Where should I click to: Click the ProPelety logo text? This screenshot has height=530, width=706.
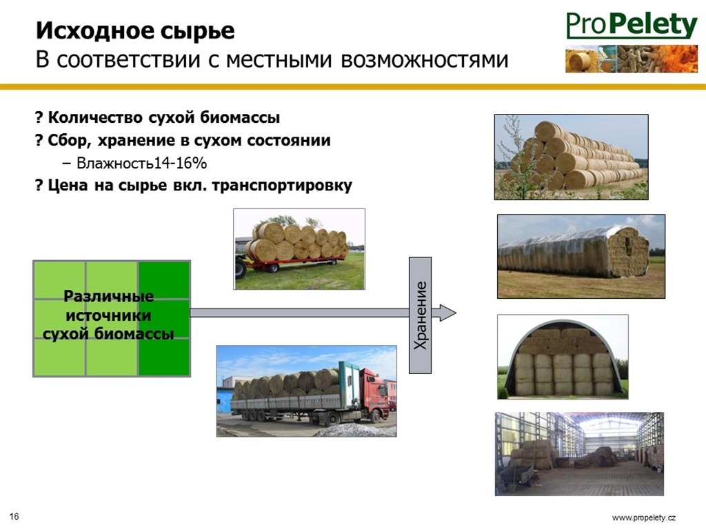pos(632,26)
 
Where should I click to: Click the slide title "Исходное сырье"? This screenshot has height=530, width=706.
pos(135,30)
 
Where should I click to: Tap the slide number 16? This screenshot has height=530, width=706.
pos(14,516)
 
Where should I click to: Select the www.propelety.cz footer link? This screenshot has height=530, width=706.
pos(644,518)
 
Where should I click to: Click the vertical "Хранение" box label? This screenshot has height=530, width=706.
pos(420,315)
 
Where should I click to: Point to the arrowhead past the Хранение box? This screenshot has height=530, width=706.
pos(447,313)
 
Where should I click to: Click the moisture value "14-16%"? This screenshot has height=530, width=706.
pos(180,163)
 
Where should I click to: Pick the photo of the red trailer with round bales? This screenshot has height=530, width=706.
pos(299,249)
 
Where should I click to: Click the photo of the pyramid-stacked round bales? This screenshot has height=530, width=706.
pos(572,157)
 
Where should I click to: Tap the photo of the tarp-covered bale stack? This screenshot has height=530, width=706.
pos(581,257)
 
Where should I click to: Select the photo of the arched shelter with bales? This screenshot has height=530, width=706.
pos(563,357)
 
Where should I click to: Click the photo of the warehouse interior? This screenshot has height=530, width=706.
pos(579,454)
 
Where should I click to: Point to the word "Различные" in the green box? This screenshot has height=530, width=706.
pos(108,296)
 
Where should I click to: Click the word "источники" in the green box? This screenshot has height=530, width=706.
pos(108,315)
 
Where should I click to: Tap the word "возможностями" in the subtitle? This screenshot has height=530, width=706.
pos(425,60)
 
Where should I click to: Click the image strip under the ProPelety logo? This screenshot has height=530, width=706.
pos(632,59)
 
